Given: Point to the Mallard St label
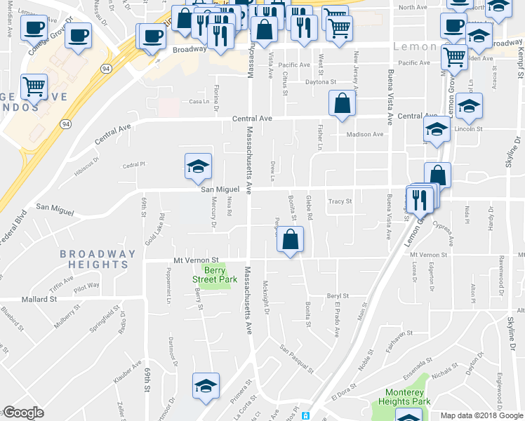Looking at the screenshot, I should point(39,299).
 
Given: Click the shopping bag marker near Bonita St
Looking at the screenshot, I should point(290,240).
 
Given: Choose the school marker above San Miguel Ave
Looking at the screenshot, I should point(198,166).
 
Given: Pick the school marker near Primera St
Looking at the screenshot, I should point(206,385).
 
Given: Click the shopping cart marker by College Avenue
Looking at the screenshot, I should point(33,87).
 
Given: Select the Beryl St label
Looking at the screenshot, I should point(338,296).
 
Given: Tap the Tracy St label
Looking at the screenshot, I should point(339,201).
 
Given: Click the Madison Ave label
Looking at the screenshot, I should point(365,134).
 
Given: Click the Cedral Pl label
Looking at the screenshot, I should point(133,165).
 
